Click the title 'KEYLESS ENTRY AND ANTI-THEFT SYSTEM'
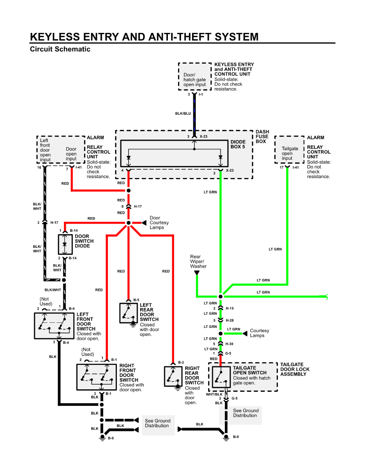click(x=144, y=37)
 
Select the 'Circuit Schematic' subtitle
click(x=60, y=49)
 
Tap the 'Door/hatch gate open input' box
click(x=195, y=79)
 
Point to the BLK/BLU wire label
click(x=183, y=113)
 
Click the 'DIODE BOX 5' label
click(x=238, y=144)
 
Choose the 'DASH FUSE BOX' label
click(x=262, y=136)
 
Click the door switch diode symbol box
click(x=65, y=244)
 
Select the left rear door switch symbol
click(x=128, y=313)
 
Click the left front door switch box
click(x=54, y=325)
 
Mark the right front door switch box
click(x=96, y=377)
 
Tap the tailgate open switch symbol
click(x=220, y=376)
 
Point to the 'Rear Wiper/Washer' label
click(x=198, y=261)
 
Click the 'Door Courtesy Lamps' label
click(x=159, y=223)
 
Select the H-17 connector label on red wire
click(x=138, y=207)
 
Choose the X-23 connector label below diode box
click(x=230, y=170)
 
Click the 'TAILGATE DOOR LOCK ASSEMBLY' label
click(x=295, y=369)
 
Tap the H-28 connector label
click(x=230, y=320)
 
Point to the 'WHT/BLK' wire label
click(x=214, y=394)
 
